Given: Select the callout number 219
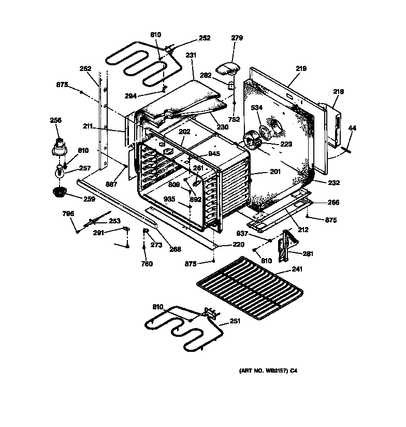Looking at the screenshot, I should tap(301, 68).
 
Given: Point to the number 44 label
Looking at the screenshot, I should tap(352, 127).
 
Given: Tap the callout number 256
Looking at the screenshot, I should tap(55, 120).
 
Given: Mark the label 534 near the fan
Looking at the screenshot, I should tap(256, 108).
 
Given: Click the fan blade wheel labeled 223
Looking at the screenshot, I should tap(253, 140).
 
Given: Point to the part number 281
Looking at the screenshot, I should tap(308, 253).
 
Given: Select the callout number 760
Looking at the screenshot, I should tap(147, 264).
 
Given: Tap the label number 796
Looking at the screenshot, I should tap(68, 214).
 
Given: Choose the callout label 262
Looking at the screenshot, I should tap(85, 68).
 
